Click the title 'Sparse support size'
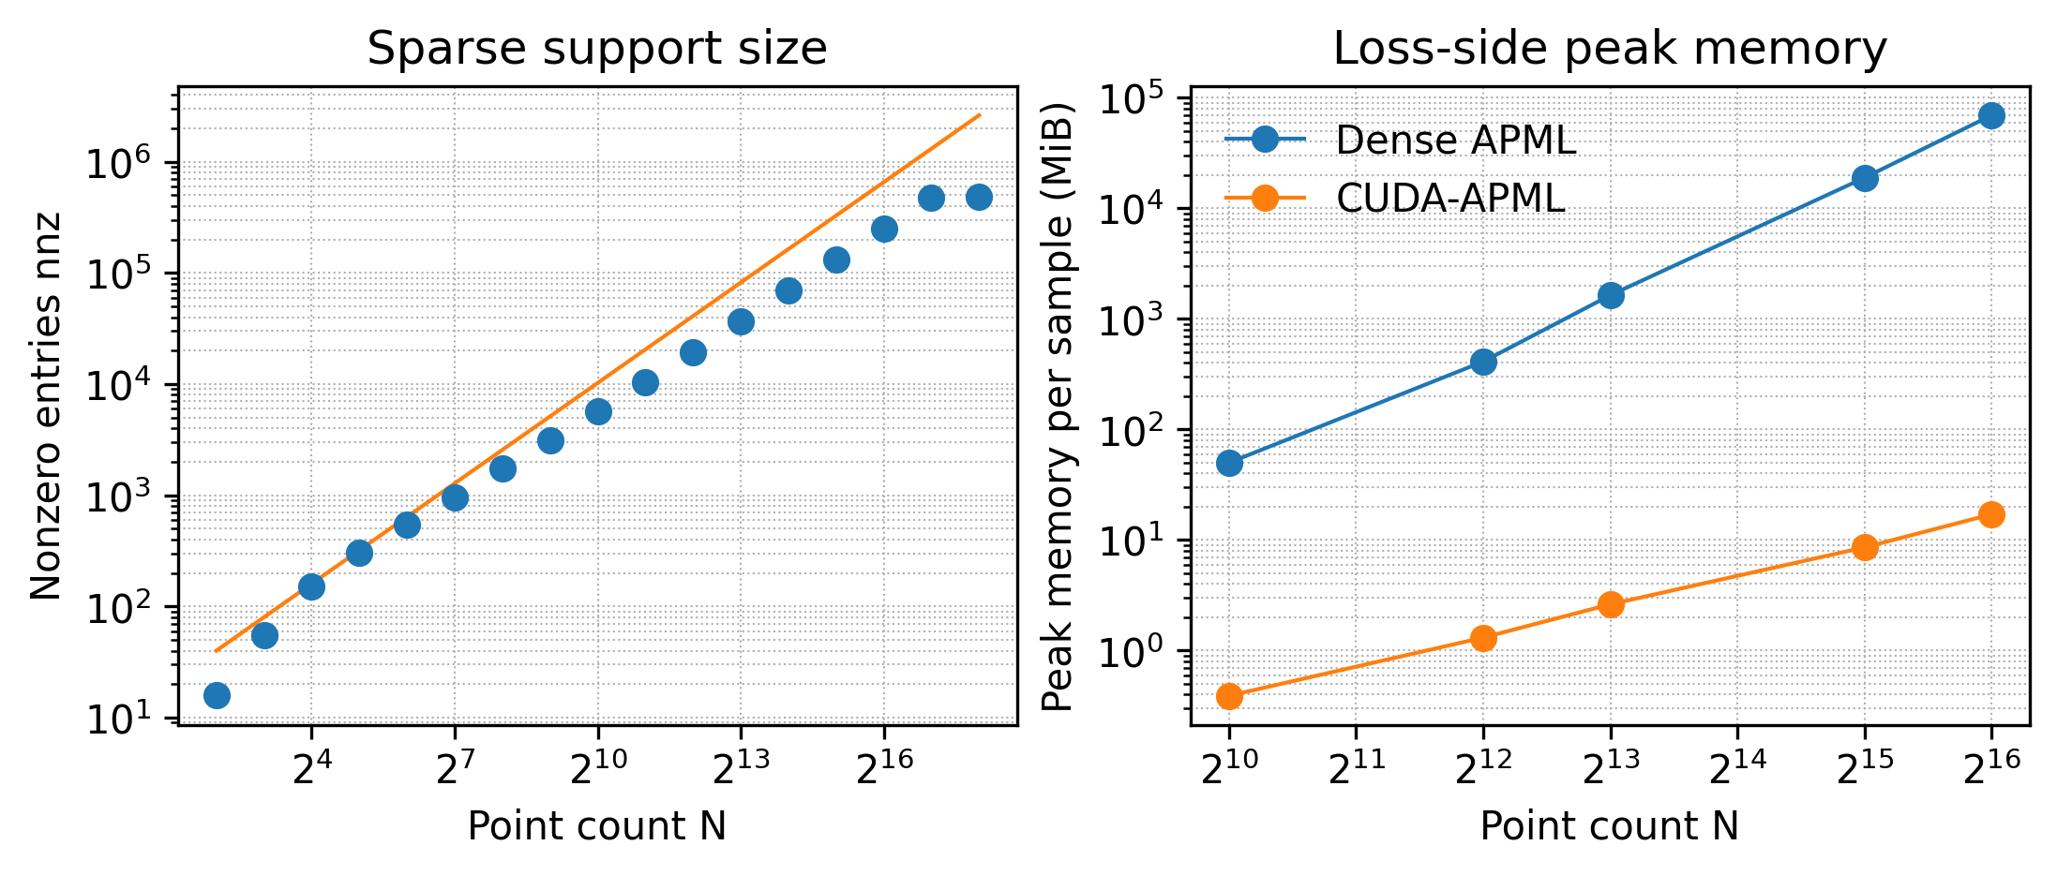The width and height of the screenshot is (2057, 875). [597, 49]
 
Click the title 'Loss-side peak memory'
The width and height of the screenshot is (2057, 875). [1610, 49]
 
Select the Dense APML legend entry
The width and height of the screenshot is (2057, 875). [1455, 141]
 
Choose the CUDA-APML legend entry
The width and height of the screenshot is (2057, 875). [1449, 198]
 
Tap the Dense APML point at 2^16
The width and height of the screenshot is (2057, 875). [1991, 116]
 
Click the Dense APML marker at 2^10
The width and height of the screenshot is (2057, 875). [1229, 463]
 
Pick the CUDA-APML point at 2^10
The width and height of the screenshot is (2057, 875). [1229, 696]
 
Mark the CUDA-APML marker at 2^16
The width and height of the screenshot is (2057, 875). [1991, 514]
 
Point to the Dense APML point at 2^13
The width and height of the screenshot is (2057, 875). [1611, 296]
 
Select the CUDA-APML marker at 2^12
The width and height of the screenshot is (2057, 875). [1483, 639]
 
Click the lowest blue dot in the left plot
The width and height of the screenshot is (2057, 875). [217, 695]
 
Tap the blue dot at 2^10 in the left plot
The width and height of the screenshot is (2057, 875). [598, 412]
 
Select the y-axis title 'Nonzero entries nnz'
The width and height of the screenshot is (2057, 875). [46, 406]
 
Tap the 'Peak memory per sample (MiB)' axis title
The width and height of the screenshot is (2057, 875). [1058, 406]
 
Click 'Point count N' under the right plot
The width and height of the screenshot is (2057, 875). [1610, 826]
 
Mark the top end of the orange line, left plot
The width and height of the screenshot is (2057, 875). [980, 115]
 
